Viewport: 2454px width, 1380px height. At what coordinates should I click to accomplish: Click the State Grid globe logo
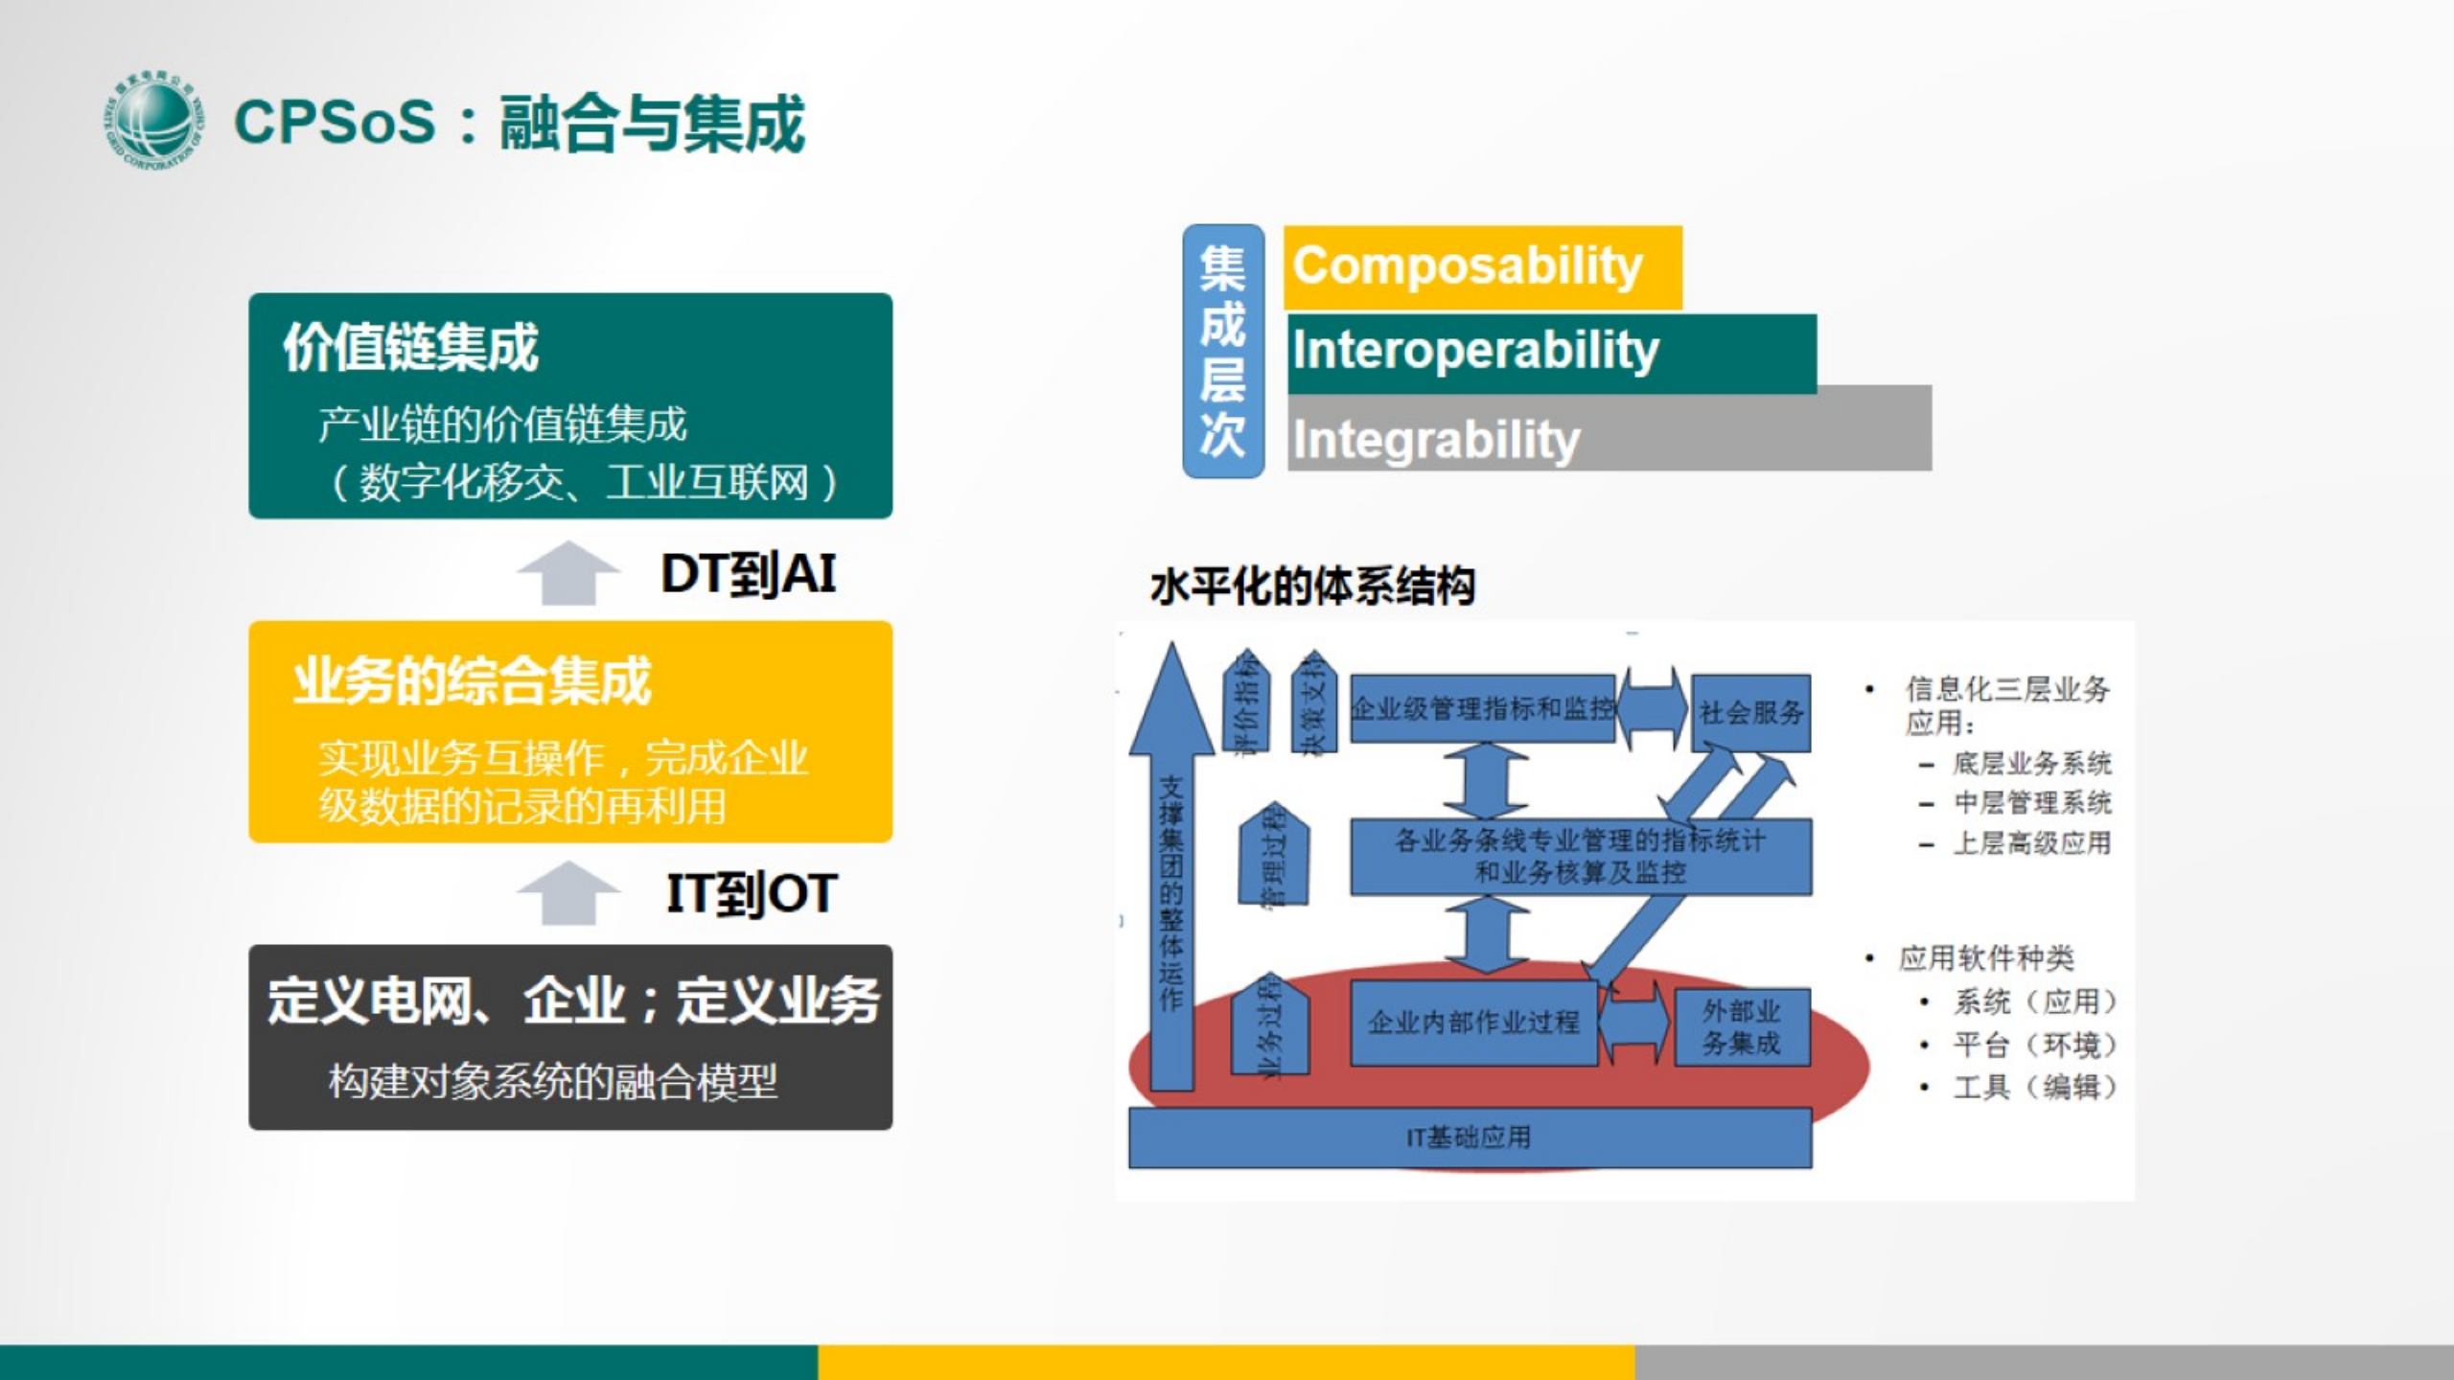[x=153, y=121]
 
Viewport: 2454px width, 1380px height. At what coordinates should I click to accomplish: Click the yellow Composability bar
[x=1482, y=267]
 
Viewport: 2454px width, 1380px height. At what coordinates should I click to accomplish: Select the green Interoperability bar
[x=1551, y=352]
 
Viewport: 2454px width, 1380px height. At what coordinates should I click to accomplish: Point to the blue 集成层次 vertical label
[x=1223, y=351]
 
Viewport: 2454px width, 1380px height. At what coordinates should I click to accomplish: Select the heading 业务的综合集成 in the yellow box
[x=472, y=682]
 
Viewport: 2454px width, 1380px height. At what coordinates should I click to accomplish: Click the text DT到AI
[x=748, y=575]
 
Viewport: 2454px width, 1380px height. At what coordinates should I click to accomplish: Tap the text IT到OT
[x=752, y=894]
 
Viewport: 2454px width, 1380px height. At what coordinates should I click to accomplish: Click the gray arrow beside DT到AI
[x=568, y=573]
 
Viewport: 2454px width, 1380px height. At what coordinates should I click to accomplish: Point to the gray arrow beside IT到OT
[x=568, y=892]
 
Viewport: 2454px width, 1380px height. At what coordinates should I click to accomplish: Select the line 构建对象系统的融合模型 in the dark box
[x=553, y=1082]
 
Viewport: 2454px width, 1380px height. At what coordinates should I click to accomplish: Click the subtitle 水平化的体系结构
[x=1312, y=586]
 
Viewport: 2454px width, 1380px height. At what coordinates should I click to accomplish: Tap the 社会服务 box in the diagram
[x=1750, y=712]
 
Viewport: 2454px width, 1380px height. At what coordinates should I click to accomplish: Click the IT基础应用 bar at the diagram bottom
[x=1470, y=1138]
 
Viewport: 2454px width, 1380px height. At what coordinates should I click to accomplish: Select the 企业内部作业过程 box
[x=1473, y=1023]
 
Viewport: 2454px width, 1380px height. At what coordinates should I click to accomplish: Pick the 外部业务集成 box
[x=1742, y=1026]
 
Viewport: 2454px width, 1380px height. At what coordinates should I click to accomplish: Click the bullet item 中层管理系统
[x=2032, y=802]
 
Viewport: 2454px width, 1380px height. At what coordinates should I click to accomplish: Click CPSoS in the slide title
[x=335, y=123]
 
